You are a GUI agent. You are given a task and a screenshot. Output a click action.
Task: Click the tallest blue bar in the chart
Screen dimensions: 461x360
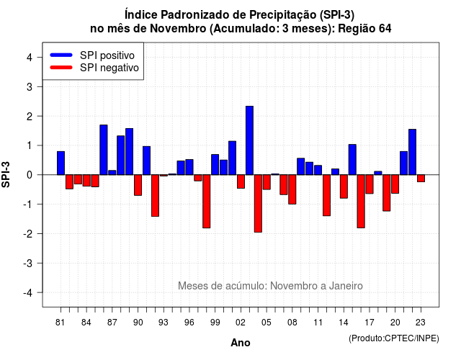[x=249, y=140]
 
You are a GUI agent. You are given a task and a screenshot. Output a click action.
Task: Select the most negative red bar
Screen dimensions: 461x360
[x=258, y=203]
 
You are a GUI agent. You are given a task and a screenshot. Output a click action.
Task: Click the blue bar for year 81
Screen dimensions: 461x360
[x=61, y=163]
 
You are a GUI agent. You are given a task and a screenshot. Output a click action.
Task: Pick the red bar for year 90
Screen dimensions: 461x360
[x=138, y=185]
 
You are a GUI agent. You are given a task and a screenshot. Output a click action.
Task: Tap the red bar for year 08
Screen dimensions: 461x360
[x=292, y=189]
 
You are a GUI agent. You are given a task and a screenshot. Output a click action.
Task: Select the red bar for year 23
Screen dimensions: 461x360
[x=421, y=179]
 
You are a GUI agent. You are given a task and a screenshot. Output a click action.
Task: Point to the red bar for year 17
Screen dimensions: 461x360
[x=370, y=184]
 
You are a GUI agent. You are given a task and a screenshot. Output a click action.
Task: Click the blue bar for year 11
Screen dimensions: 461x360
[x=318, y=170]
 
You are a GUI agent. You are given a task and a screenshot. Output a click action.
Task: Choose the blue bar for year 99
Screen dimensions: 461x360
[x=215, y=165]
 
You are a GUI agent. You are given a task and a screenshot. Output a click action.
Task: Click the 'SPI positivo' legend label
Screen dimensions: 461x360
[x=107, y=55]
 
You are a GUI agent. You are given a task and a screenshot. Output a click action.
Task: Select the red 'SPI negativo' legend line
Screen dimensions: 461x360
[x=61, y=67]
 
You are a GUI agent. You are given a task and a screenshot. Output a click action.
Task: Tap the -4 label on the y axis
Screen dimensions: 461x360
[x=28, y=293]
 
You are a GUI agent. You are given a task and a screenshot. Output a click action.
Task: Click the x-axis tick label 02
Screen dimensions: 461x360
[x=241, y=323]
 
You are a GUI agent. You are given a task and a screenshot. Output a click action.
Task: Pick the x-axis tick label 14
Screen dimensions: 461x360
[x=344, y=323]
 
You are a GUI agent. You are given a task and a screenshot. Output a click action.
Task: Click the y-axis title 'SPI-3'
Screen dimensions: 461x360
[x=6, y=174]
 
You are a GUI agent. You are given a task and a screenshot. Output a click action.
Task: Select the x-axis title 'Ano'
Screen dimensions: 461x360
[x=241, y=343]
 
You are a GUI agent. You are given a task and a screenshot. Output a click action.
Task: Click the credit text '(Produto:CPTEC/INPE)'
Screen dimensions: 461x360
[x=394, y=338]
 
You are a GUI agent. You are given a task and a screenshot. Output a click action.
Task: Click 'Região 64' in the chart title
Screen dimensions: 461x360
[x=364, y=29]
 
